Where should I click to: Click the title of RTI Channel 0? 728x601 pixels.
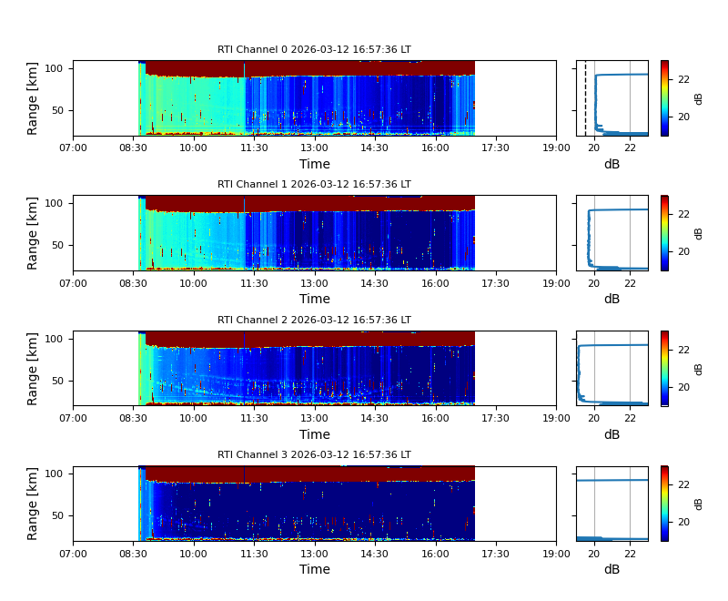coord(314,50)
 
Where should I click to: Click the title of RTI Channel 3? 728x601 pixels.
coord(314,455)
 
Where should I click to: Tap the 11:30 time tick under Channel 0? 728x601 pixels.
coord(254,148)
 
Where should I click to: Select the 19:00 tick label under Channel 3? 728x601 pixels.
coord(556,553)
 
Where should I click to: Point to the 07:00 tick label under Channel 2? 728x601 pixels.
coord(73,418)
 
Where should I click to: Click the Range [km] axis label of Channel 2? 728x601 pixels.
coord(33,368)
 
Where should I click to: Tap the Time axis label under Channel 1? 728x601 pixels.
coord(315,299)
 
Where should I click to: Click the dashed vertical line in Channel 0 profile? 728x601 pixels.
coord(585,98)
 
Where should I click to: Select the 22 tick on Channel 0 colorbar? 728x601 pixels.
coord(682,79)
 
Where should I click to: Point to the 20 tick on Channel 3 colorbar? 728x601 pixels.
coord(682,522)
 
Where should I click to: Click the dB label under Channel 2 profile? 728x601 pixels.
coord(612,434)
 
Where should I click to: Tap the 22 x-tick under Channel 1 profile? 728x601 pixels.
coord(630,283)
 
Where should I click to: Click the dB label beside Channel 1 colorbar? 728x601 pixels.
coord(699,233)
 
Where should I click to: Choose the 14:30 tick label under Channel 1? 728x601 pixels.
coord(375,283)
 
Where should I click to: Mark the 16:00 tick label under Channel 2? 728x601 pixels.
coord(435,418)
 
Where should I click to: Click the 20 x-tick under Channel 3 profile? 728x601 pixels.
coord(594,553)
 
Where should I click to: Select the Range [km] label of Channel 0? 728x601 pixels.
coord(33,98)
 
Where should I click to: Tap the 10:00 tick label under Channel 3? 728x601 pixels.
coord(193,553)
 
